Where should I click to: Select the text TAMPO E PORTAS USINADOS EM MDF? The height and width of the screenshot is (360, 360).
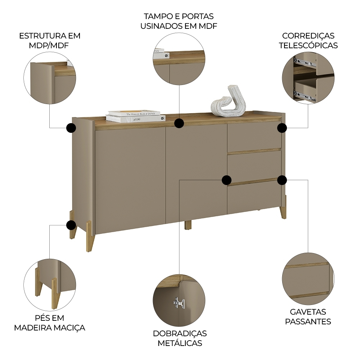[179, 21]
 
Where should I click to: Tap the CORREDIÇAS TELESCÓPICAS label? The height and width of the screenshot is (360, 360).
[308, 40]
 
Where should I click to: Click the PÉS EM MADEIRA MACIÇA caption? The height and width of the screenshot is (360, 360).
[50, 323]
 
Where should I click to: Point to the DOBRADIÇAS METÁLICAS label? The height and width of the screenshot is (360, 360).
[180, 338]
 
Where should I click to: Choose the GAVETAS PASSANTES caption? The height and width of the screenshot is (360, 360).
[308, 316]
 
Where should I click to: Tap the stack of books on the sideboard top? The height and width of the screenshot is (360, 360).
[135, 116]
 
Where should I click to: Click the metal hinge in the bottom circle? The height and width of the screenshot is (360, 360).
[179, 303]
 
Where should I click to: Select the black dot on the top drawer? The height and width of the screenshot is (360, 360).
[282, 128]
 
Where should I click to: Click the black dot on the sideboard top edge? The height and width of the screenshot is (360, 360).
[179, 123]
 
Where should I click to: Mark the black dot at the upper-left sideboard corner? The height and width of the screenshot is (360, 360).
[71, 127]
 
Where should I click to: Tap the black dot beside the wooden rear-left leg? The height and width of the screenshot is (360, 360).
[71, 225]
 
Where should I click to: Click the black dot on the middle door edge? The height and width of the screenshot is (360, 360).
[226, 180]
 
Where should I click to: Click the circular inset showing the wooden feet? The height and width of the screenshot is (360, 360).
[50, 284]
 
